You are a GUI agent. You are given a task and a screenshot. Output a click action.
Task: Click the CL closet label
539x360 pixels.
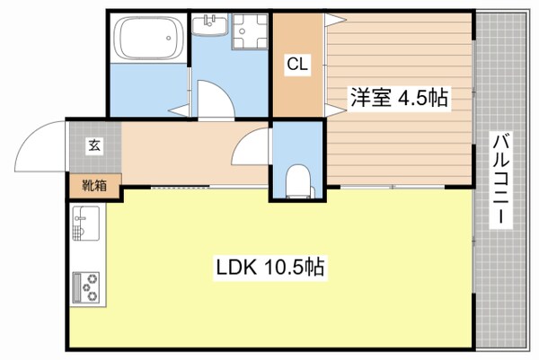(296, 64)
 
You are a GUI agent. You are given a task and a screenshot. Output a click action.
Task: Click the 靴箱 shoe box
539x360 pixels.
(93, 186)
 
